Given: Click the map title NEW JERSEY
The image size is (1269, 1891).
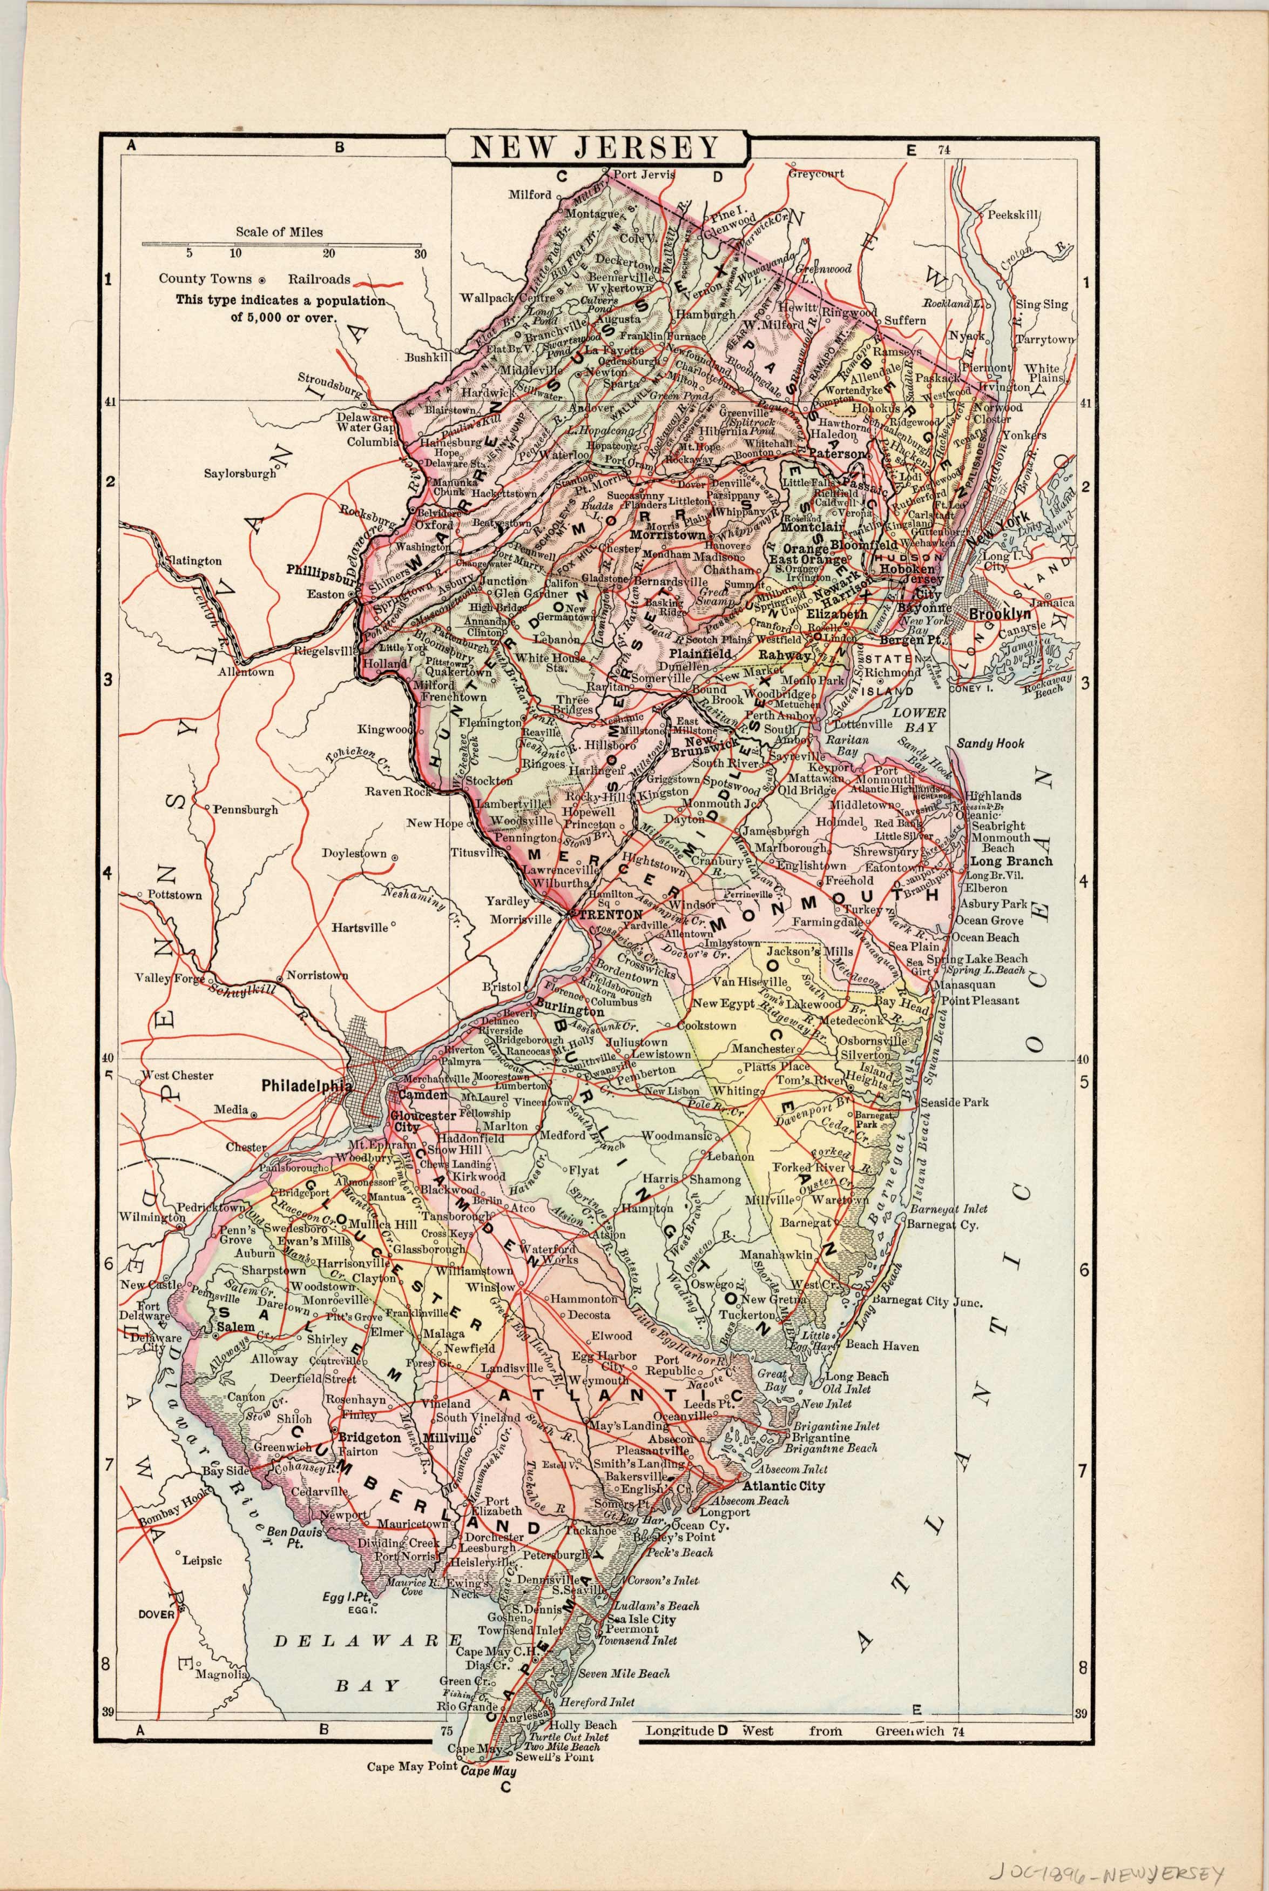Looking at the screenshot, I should [x=595, y=147].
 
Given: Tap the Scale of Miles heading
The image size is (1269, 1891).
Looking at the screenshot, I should [x=279, y=232].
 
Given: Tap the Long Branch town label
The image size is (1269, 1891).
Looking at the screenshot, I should [x=1011, y=861].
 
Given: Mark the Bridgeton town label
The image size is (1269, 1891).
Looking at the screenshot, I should [x=369, y=1438].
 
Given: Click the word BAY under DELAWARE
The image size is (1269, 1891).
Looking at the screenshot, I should [x=368, y=1686].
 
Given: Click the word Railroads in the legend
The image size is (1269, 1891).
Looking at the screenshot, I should [x=323, y=279].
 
